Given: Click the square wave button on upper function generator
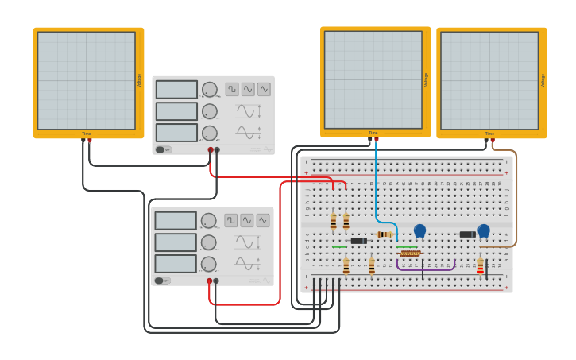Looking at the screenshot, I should pos(232,89).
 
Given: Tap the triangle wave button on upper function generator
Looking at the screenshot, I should pos(264,89).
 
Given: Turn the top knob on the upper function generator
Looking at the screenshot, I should pos(210,90).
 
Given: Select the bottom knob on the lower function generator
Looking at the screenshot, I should pos(208,264).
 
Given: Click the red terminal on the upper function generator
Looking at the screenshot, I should pos(211,149).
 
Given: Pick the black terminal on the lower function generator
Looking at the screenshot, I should pos(216,281).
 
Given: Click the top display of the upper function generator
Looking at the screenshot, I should pos(176,90).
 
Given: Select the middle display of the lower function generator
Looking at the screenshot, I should pos(176,242).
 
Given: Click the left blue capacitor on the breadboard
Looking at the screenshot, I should pos(419,230).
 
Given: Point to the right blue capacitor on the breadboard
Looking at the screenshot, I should pos(484,230).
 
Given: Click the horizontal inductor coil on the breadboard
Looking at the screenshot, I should pos(410,254).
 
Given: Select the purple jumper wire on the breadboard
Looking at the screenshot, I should pos(425,269).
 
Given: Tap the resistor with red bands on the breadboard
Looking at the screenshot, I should pos(481,266).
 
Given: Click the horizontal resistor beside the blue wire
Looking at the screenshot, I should pos(385,234).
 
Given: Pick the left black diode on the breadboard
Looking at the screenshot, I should pos(358,241).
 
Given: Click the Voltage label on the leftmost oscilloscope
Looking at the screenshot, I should pos(139,80).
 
